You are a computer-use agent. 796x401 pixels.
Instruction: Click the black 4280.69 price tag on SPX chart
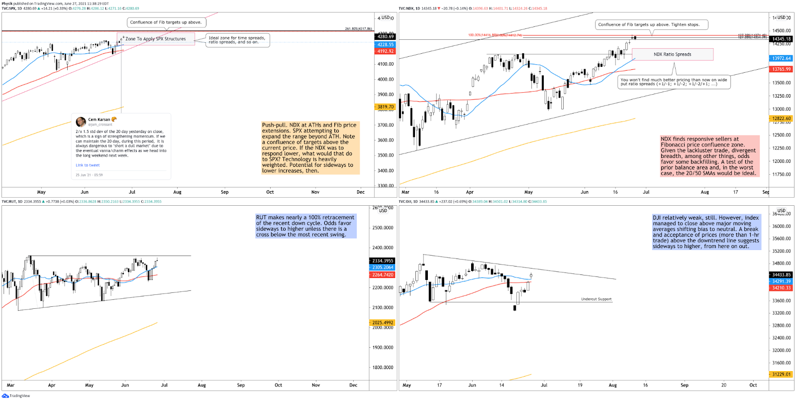click(385, 36)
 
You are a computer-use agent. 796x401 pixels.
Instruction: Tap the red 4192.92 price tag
click(385, 51)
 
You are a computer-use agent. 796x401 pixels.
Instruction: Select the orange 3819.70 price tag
click(385, 107)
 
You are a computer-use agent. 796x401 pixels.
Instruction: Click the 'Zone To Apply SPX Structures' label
click(155, 39)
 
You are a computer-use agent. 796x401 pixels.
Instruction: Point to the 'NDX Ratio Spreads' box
click(672, 54)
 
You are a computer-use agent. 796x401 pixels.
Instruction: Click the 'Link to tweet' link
click(88, 165)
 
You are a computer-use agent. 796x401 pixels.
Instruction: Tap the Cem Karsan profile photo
click(81, 122)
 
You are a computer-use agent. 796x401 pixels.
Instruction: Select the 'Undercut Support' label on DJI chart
click(596, 299)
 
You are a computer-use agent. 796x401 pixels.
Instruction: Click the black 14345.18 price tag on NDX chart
click(781, 39)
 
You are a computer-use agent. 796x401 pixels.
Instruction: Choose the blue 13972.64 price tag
click(781, 58)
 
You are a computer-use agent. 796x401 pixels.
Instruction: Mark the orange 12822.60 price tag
click(781, 119)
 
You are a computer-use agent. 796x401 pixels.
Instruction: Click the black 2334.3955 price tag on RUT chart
click(383, 261)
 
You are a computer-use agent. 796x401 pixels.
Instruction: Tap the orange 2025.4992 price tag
click(383, 322)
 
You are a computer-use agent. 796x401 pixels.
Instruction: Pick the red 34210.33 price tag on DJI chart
click(781, 288)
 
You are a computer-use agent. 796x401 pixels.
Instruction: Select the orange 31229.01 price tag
click(781, 374)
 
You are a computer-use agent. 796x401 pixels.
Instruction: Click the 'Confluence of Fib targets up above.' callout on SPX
click(166, 22)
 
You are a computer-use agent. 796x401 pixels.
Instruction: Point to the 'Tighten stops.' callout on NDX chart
click(651, 24)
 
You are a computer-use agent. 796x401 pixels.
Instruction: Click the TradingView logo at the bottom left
click(6, 396)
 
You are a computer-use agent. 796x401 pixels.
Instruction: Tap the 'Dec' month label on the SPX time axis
click(361, 192)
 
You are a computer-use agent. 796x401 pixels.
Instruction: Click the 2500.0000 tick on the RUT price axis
click(383, 228)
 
